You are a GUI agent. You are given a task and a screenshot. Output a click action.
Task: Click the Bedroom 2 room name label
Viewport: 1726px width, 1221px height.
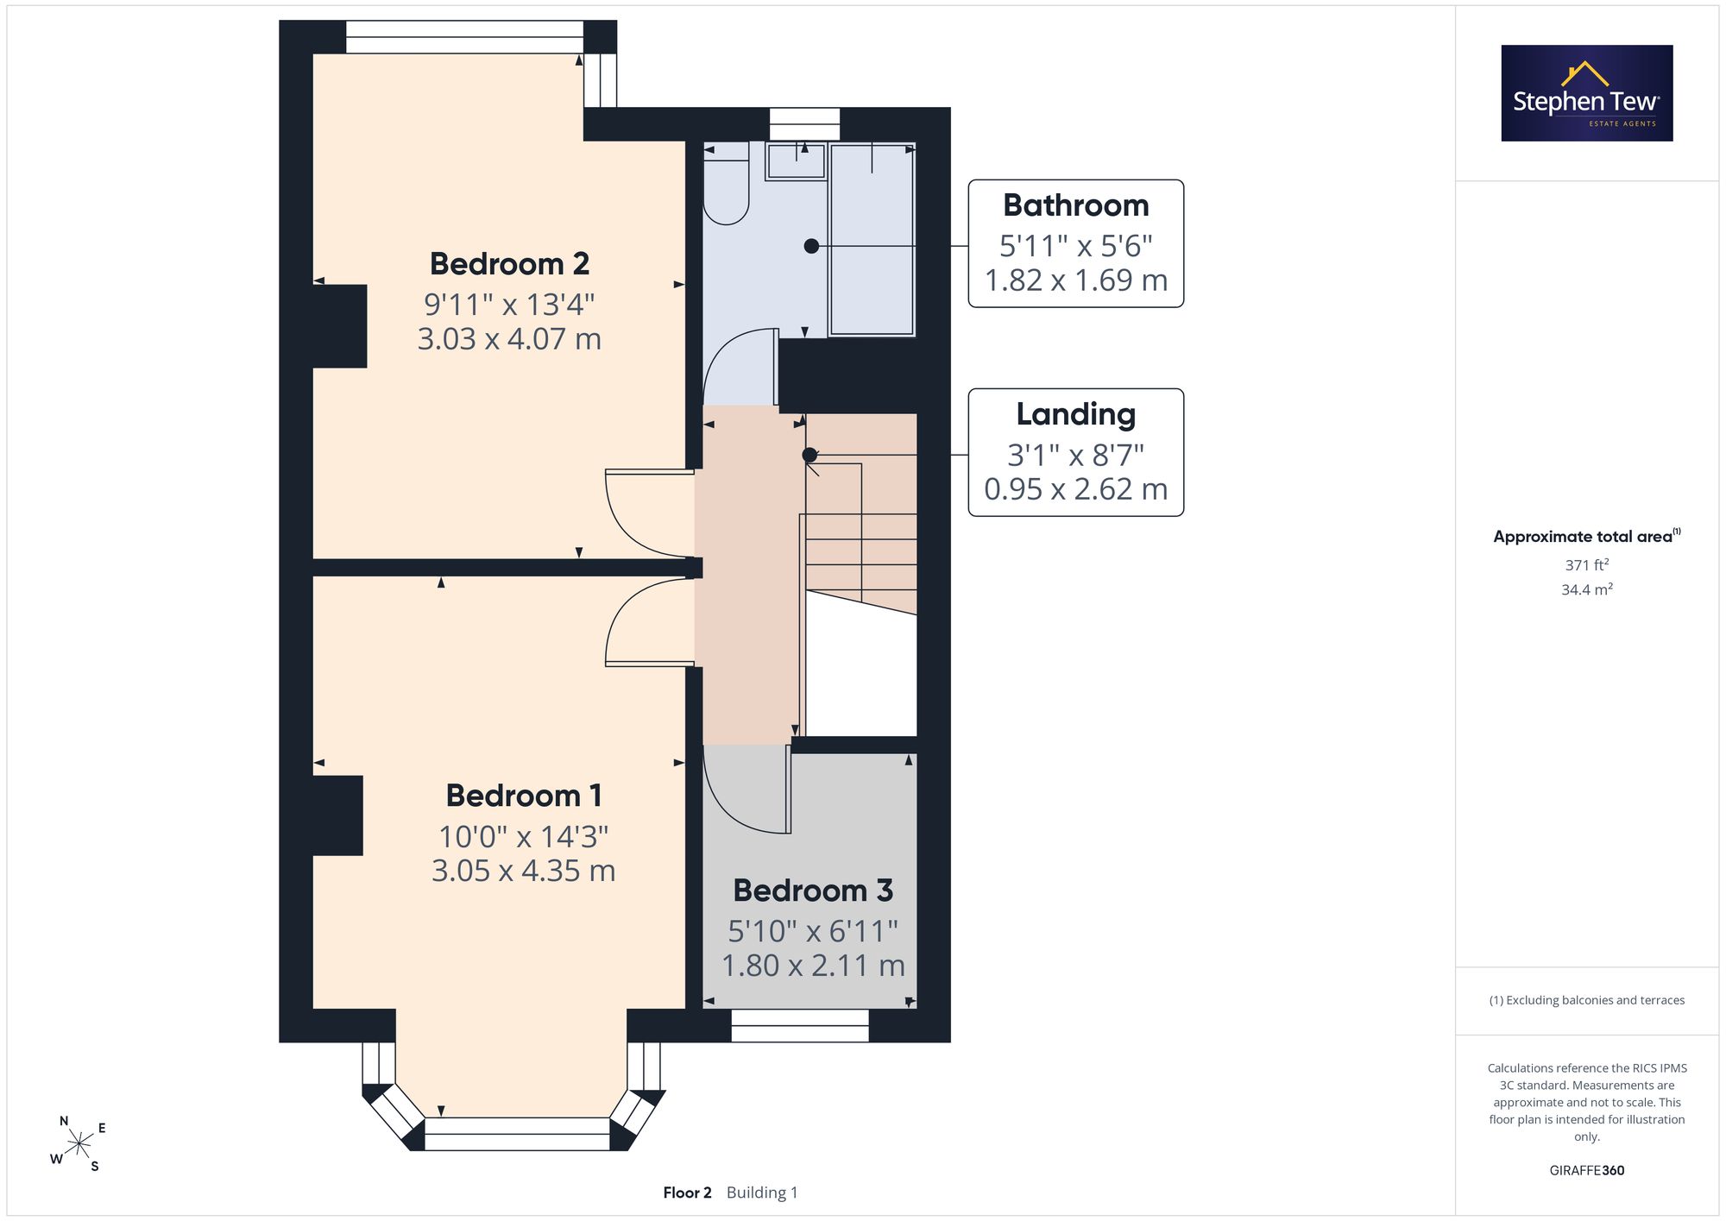[x=509, y=263]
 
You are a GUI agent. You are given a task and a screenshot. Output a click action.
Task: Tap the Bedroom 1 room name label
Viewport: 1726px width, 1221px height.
[x=524, y=796]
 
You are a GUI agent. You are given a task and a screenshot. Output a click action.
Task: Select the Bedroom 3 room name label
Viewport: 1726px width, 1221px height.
[x=813, y=891]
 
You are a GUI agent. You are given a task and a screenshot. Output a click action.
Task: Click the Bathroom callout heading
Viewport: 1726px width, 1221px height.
[x=1076, y=205]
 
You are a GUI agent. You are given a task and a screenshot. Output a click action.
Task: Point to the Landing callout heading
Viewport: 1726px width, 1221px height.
[x=1076, y=414]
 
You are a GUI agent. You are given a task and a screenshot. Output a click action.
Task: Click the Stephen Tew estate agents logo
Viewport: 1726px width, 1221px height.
[x=1587, y=93]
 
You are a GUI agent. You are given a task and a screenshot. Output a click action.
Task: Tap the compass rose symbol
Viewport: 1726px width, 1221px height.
[x=79, y=1144]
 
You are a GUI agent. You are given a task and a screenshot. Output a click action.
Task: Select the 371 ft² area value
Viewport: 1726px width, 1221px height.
[x=1587, y=565]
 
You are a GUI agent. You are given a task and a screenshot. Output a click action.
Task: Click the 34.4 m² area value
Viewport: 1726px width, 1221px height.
[x=1587, y=590]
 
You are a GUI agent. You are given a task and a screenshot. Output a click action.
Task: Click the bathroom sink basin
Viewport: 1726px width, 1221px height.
[x=797, y=161]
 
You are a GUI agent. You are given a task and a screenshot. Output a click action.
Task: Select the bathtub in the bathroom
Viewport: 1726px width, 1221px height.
[x=872, y=239]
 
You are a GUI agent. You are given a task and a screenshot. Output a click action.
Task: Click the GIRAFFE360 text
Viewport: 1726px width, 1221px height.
[x=1587, y=1171]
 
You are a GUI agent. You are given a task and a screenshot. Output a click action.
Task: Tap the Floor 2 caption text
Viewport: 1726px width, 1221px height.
[x=687, y=1193]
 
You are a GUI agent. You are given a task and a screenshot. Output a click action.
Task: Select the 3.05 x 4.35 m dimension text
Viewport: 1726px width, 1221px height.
[x=524, y=871]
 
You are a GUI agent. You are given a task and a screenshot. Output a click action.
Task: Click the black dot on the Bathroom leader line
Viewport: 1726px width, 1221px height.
[x=811, y=246]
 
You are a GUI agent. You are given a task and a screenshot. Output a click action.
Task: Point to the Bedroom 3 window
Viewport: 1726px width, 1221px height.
[x=800, y=1026]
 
